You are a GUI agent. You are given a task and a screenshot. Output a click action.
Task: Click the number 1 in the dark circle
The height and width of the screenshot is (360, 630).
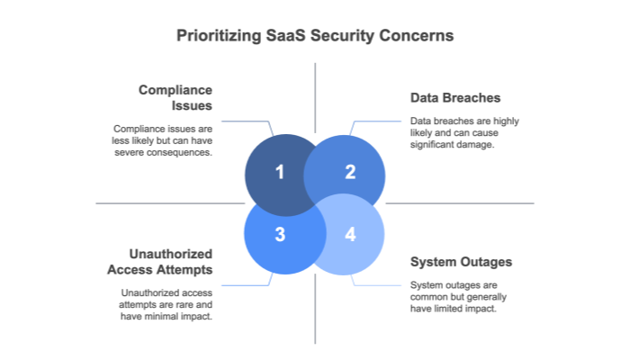point(280,172)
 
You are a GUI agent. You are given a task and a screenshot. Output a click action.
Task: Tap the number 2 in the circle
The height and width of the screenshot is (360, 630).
point(350,172)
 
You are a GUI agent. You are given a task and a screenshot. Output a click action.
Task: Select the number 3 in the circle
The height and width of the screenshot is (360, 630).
point(280,235)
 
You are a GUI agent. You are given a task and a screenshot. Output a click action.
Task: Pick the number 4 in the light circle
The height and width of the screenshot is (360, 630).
point(350,235)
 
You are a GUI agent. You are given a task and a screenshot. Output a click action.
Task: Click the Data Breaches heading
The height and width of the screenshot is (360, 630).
point(454,97)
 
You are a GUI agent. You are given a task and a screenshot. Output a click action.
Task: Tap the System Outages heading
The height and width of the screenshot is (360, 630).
point(461,262)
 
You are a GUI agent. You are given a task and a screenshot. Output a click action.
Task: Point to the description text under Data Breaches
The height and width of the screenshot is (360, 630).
point(464,132)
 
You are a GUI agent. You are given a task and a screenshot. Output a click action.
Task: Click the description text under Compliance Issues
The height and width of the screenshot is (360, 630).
point(162,139)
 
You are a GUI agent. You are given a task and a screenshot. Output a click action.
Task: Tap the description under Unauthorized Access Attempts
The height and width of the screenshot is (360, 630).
point(166,304)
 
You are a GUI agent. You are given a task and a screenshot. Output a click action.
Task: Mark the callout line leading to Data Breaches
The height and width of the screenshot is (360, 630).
point(378,121)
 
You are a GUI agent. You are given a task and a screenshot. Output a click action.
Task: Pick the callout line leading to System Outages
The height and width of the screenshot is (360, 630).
point(378,285)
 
